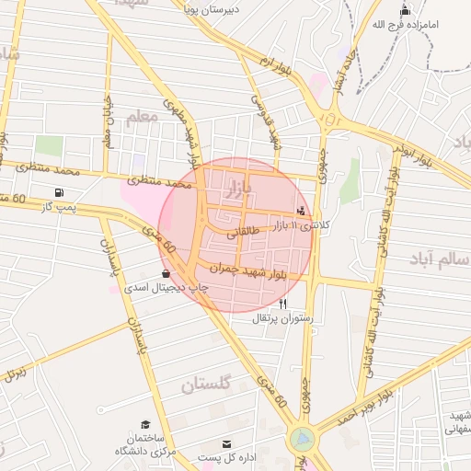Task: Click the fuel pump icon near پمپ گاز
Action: [x=60, y=193]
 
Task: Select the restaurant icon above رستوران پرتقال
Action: [x=283, y=304]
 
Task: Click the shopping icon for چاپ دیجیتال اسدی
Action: [x=166, y=273]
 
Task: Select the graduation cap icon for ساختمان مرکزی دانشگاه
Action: [x=145, y=424]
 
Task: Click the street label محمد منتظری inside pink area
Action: [x=163, y=184]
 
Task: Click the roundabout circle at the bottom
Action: [x=302, y=440]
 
